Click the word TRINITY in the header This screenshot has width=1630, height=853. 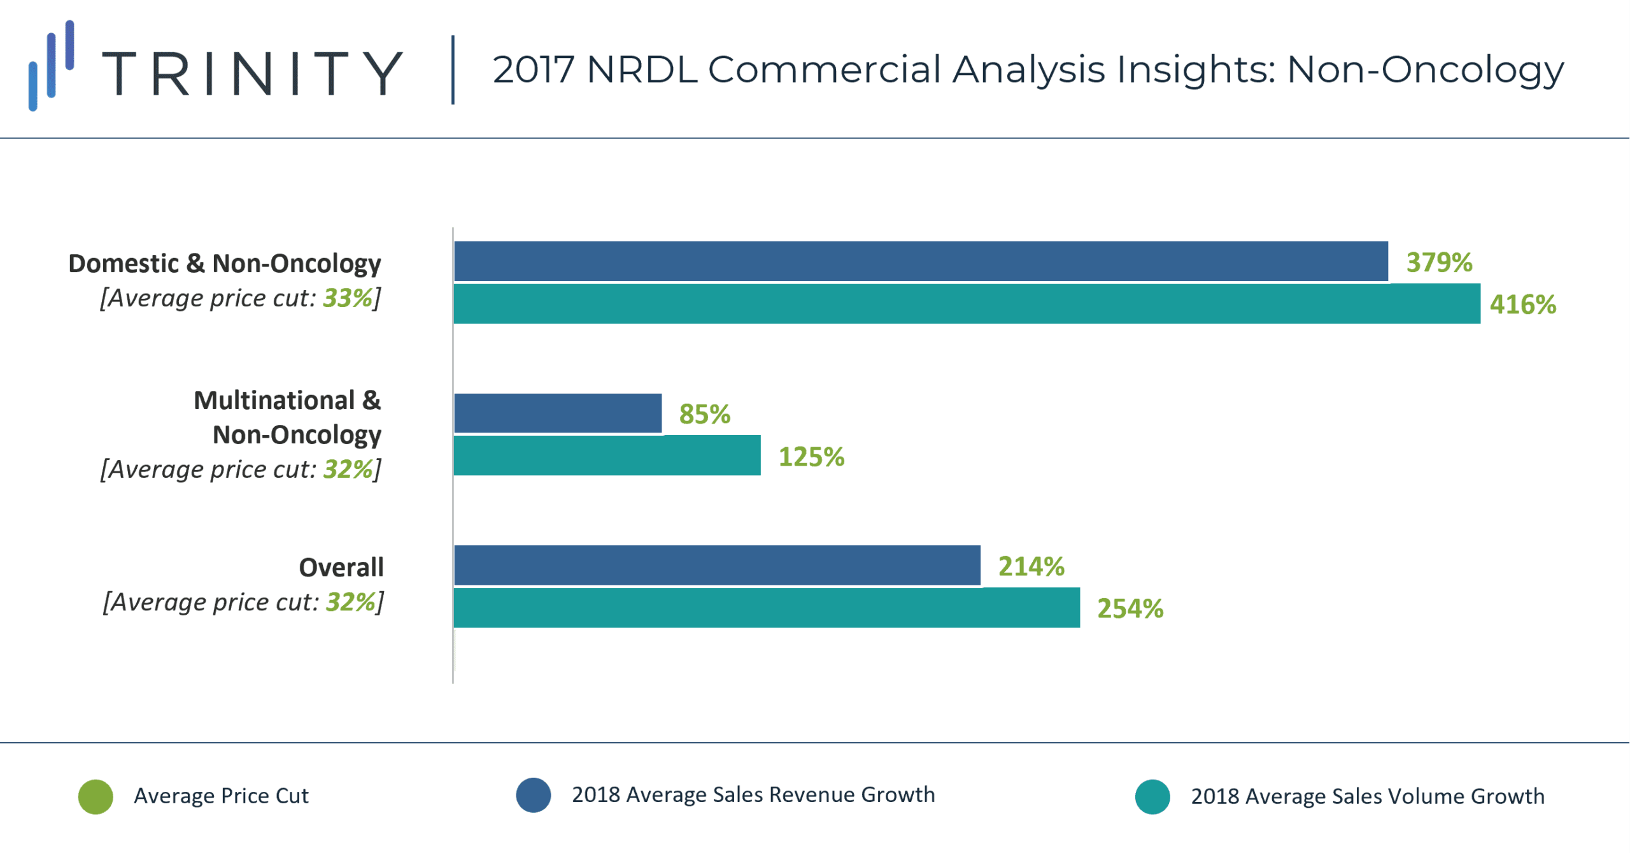(252, 73)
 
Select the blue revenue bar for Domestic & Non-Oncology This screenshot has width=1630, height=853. (921, 261)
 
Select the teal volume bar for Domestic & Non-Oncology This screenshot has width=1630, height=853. (967, 304)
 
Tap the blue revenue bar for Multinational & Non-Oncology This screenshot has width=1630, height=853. (558, 413)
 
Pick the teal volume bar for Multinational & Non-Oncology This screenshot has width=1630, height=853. (607, 455)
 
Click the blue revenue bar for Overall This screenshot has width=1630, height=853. (717, 565)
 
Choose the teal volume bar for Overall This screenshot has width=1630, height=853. (767, 608)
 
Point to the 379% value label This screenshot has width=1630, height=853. (1439, 262)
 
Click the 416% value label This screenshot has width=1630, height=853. (1522, 305)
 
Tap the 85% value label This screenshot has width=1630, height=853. (704, 414)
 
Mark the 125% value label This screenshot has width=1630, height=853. (811, 457)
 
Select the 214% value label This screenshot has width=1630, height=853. (1031, 566)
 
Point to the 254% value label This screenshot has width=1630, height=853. (1130, 608)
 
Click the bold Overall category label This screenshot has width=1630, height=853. (341, 567)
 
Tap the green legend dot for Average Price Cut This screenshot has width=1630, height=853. (96, 796)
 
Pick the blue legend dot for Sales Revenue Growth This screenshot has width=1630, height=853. (534, 795)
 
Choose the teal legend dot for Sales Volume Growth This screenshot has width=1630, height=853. (1152, 796)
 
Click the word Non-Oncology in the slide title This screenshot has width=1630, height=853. (1425, 69)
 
